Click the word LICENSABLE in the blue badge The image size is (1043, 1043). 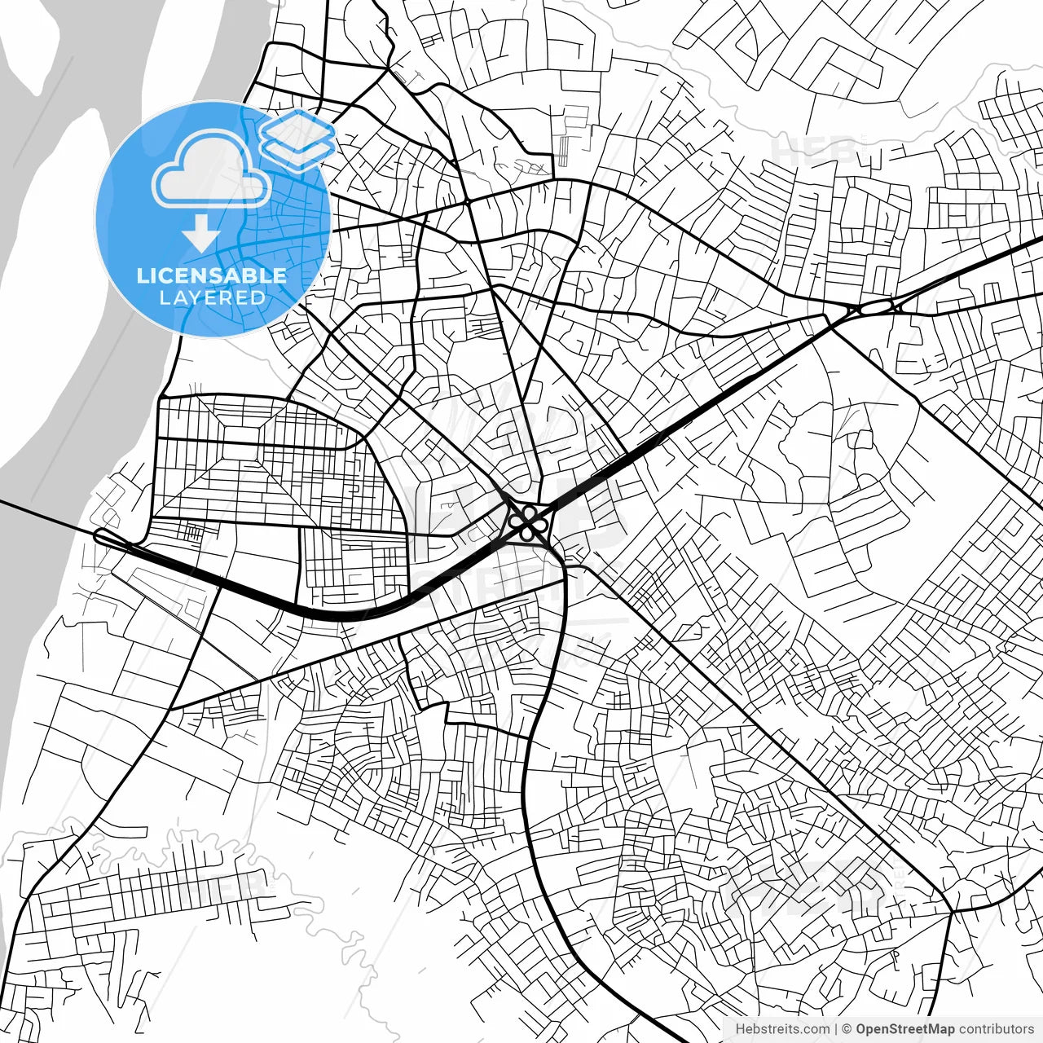click(x=212, y=275)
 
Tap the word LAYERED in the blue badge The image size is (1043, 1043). click(x=212, y=297)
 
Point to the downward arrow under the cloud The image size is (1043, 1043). click(x=200, y=234)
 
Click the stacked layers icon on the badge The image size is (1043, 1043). click(x=297, y=139)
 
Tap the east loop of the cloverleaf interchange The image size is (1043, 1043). click(x=539, y=521)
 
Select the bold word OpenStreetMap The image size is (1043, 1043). click(x=905, y=1029)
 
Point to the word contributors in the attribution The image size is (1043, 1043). click(x=997, y=1029)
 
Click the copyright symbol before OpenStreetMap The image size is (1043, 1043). click(x=847, y=1029)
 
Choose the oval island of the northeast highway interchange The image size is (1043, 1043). click(x=874, y=307)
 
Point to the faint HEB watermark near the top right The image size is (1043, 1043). click(x=815, y=151)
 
